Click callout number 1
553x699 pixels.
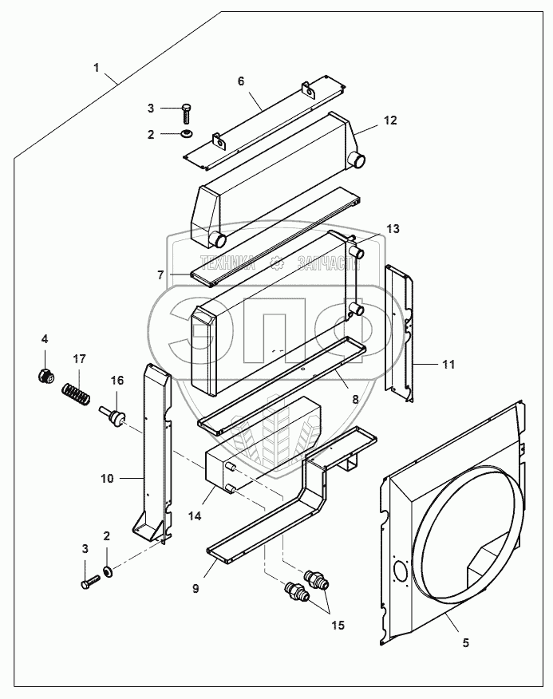(x=97, y=68)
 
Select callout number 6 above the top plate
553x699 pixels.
(x=240, y=81)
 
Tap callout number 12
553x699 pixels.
(x=389, y=120)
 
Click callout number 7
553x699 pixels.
(x=160, y=274)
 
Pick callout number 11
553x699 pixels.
(x=448, y=364)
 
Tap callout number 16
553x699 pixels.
(x=117, y=381)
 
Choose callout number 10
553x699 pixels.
(x=107, y=479)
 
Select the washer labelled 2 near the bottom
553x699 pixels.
(x=108, y=571)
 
